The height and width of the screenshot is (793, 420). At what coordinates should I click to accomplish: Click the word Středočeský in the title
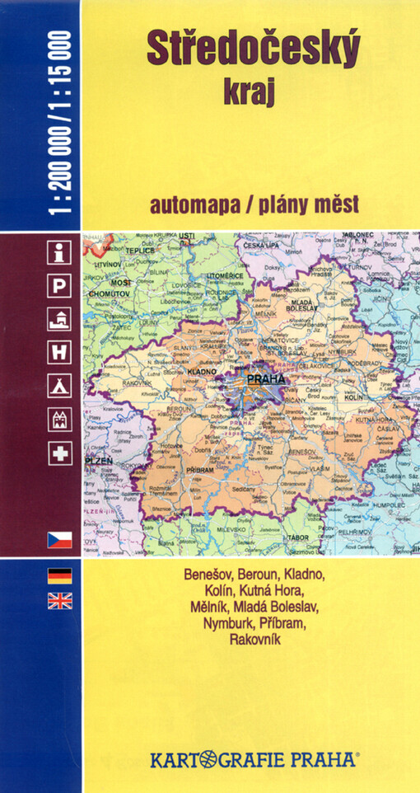coord(253,51)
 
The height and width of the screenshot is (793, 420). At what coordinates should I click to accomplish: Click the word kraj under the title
coord(253,92)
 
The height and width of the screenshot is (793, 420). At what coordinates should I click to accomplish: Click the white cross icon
coord(60,453)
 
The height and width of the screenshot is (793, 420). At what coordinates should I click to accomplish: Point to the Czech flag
coord(60,540)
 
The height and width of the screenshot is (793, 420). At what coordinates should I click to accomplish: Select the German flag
coord(60,575)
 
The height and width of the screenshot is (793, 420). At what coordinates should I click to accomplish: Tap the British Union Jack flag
coord(60,601)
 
